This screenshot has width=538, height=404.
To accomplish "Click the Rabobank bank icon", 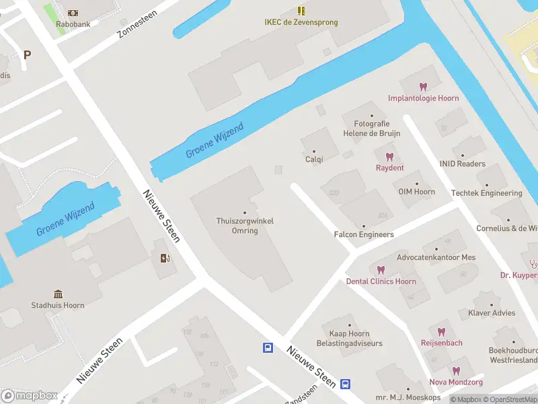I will [73, 13].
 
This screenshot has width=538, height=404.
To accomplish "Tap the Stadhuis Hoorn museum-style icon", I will [59, 294].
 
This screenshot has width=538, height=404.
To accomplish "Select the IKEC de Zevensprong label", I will [301, 22].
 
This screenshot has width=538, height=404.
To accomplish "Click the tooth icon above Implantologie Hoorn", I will [423, 87].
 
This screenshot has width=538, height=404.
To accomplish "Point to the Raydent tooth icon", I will [389, 157].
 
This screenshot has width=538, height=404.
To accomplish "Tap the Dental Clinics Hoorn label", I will [381, 281].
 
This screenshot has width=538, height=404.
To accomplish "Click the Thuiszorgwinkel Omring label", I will [245, 226].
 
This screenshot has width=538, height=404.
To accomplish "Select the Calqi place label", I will [314, 160].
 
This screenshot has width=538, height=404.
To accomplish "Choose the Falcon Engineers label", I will [364, 234].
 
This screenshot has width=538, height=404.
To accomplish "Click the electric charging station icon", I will [165, 258].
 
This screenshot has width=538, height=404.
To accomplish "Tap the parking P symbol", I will [27, 55].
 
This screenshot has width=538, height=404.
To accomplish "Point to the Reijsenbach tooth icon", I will [441, 332].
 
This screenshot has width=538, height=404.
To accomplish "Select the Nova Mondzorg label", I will [456, 382].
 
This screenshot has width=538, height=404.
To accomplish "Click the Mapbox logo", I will [28, 395].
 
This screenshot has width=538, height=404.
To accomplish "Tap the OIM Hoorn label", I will [416, 192].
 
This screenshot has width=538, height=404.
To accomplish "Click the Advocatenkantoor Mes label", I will [436, 257].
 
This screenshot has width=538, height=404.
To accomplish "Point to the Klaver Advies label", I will [492, 313].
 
